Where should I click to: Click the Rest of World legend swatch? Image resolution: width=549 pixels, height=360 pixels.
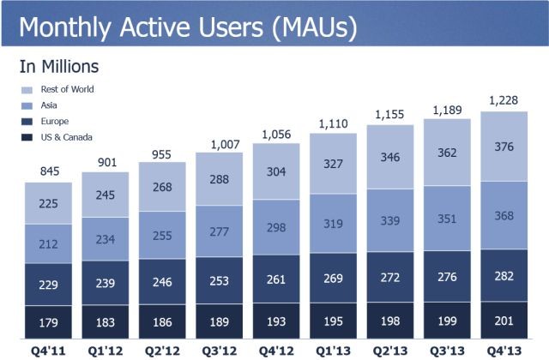[28, 89]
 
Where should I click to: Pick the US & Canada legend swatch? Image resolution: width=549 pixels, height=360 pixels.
[28, 137]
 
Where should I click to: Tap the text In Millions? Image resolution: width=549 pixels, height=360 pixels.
[59, 65]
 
